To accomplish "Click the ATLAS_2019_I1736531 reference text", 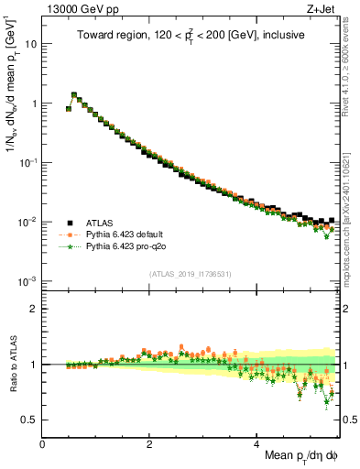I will [191, 274].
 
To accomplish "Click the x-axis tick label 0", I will [42, 444].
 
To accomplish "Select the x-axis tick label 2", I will [149, 444].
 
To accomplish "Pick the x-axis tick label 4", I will [256, 444].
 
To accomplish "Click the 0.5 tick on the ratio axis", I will [30, 420].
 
